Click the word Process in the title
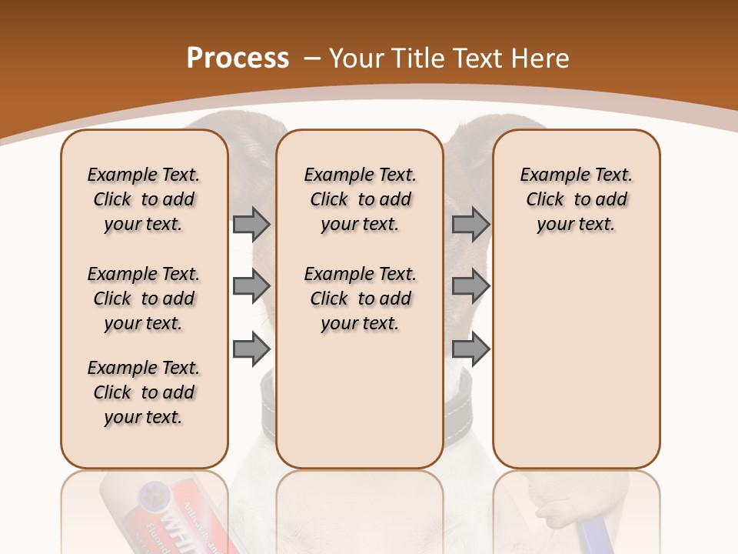238,58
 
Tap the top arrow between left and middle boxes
251,224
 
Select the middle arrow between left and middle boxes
251,286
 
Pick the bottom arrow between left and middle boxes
251,349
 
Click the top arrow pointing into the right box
470,224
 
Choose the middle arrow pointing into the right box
470,286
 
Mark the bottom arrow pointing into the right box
470,349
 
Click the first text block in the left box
144,199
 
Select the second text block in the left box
144,299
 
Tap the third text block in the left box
144,392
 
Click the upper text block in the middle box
360,199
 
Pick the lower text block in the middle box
360,299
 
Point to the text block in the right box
576,199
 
